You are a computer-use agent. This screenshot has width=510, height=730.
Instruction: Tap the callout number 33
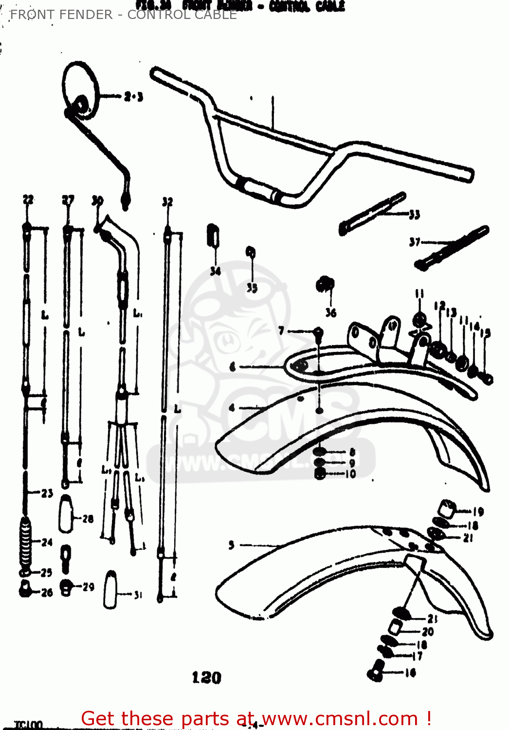(x=414, y=215)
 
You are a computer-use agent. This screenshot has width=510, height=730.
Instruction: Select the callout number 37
(x=415, y=242)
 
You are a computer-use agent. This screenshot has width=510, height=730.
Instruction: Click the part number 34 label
(x=215, y=271)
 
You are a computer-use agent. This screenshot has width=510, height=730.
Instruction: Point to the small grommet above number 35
(x=251, y=252)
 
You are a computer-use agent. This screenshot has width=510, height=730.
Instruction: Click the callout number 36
(x=331, y=313)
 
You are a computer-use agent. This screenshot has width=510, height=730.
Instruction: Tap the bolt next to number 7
(x=318, y=334)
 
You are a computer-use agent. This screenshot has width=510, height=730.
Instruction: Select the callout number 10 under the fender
(x=350, y=474)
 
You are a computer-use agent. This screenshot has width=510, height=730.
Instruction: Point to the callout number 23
(x=47, y=493)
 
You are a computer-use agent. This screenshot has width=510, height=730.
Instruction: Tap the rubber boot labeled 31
(x=110, y=589)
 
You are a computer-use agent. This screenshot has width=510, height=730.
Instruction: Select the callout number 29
(x=88, y=587)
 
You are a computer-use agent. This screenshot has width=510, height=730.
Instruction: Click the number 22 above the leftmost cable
(x=28, y=200)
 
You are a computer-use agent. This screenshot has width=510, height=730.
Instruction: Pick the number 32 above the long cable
(x=167, y=201)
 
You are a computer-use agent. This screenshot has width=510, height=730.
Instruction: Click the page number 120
(x=206, y=677)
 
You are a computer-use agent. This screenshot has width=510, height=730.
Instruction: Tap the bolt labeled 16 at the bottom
(x=375, y=671)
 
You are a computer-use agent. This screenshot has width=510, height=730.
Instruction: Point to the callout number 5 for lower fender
(x=232, y=545)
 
